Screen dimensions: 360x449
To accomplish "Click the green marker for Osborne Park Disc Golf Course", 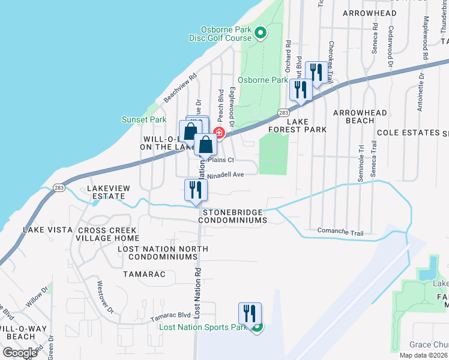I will click(261, 33).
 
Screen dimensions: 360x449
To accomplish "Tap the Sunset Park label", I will click(144, 119).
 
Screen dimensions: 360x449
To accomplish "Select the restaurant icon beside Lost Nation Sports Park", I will click(250, 313).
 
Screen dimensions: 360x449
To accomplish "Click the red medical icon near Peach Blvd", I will click(219, 133).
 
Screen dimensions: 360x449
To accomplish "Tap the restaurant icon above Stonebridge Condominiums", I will click(196, 190).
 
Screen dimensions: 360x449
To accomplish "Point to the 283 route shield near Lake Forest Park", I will click(283, 113).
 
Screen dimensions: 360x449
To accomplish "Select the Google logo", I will click(20, 353).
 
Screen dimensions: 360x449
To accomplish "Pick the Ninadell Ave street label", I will click(225, 175).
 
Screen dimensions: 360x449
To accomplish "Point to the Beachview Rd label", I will click(180, 88).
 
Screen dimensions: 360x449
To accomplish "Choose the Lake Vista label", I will click(47, 230).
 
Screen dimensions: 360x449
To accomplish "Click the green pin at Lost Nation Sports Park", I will click(257, 327).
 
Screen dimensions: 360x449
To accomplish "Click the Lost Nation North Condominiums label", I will click(158, 253).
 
